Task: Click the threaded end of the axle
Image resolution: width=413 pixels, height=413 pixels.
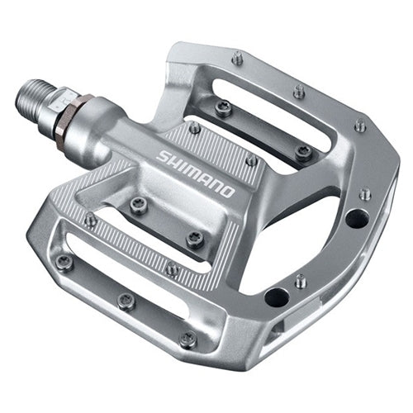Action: tap(33, 102)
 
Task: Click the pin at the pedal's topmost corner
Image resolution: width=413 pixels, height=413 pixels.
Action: tap(237, 58)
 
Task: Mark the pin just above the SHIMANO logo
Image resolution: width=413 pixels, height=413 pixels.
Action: tap(194, 127)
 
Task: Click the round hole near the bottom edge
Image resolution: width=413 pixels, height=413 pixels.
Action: tap(276, 297)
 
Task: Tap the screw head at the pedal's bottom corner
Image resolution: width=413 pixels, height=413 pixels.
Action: tap(188, 339)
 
